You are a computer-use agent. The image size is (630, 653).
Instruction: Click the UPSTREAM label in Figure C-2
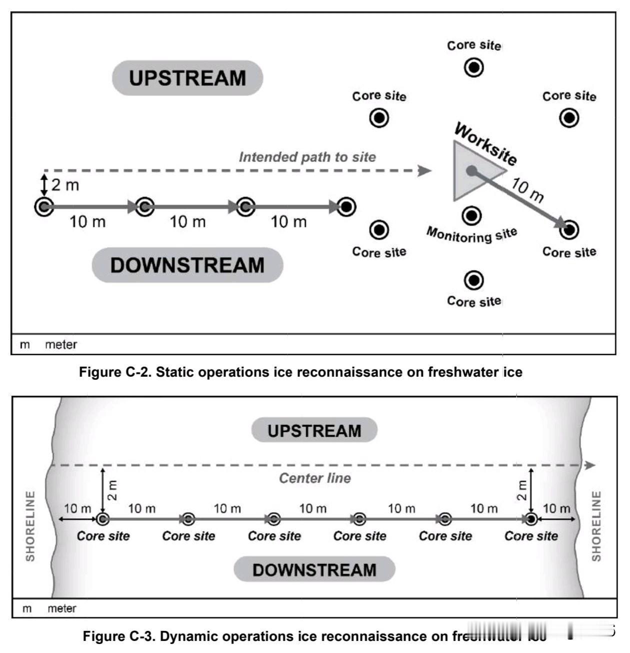point(187,78)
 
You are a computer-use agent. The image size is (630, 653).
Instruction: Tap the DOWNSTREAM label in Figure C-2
point(187,265)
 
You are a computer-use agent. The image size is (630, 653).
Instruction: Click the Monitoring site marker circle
point(471,216)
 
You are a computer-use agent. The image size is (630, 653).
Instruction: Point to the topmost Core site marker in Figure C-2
point(473,67)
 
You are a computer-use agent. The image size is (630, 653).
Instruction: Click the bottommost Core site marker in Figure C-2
point(473,281)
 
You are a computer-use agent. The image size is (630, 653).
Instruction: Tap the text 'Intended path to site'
point(307,157)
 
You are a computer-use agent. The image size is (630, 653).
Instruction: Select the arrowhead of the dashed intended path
point(425,171)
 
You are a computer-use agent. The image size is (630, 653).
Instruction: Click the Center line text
point(315,478)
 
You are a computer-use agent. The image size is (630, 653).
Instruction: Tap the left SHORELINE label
point(30,525)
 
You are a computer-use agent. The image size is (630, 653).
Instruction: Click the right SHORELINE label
point(596,525)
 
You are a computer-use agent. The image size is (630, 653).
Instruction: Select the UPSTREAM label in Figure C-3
point(314,431)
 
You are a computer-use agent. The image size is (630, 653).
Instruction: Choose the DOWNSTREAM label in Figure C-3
point(314,570)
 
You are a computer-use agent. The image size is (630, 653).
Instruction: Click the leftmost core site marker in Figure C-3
point(103,519)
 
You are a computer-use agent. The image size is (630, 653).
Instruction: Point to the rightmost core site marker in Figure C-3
point(531,519)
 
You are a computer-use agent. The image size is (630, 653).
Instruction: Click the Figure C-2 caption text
point(300,372)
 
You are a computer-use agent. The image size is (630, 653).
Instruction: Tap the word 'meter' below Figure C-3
point(62,608)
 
